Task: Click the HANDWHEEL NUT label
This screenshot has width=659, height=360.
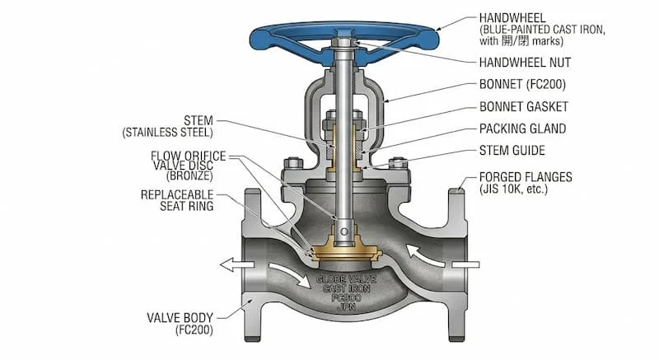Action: click(525, 63)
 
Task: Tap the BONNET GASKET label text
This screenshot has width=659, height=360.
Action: click(524, 107)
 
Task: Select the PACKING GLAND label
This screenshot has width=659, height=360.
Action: click(522, 129)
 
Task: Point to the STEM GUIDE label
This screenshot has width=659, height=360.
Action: click(512, 151)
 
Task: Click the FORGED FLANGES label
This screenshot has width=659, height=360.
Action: click(526, 177)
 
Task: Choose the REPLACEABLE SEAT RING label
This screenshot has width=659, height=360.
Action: click(177, 200)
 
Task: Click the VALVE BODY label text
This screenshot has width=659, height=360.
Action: click(180, 317)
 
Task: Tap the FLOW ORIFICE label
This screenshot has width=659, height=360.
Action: click(189, 156)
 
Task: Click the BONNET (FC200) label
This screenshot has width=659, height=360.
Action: click(522, 84)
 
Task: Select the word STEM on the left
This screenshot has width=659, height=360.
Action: click(199, 120)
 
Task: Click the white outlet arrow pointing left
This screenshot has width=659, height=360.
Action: click(236, 265)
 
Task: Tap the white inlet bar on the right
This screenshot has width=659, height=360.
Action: click(465, 264)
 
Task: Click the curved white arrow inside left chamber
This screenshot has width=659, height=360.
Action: click(290, 276)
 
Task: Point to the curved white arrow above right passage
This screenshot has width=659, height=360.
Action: click(425, 255)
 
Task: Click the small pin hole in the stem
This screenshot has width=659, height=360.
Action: click(344, 231)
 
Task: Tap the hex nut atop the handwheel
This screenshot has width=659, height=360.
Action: click(344, 42)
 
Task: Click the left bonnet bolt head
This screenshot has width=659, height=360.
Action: click(293, 163)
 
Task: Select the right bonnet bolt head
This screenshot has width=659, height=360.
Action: click(398, 163)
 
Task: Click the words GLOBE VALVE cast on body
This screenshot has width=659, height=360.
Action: click(346, 279)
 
